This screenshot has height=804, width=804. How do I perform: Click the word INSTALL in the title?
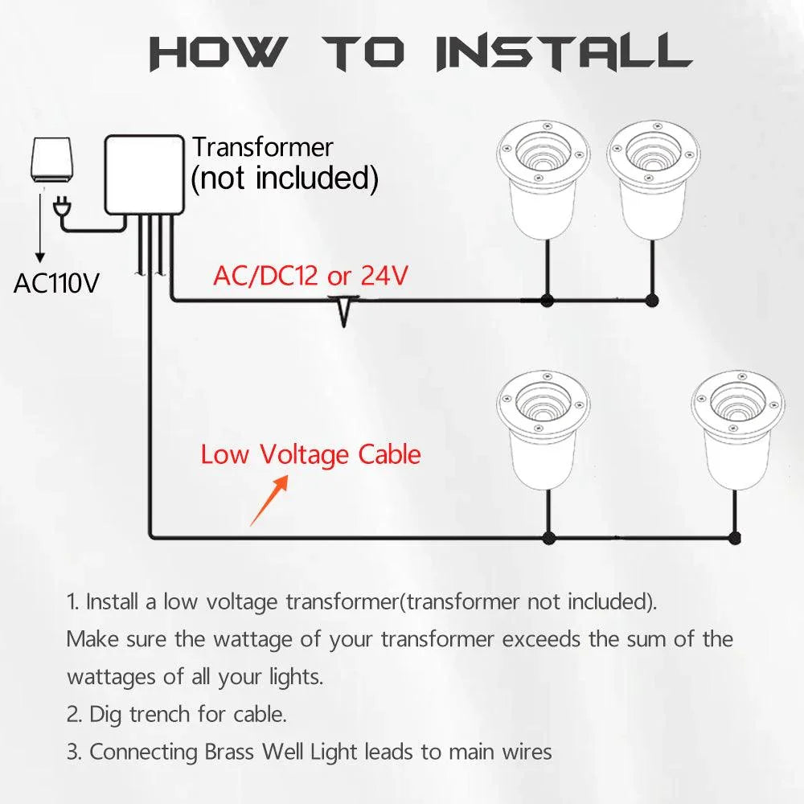(563, 51)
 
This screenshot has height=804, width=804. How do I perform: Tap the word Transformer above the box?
(262, 147)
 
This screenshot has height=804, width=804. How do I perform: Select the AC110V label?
(56, 283)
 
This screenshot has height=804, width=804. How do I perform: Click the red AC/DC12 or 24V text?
(310, 277)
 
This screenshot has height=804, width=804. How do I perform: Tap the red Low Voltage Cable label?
(310, 455)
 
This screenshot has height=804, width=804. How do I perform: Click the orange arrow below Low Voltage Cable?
(269, 501)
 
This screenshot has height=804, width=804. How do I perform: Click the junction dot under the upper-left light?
(548, 301)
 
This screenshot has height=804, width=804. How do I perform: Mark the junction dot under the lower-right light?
(733, 537)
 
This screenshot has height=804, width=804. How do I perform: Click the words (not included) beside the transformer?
(284, 178)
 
